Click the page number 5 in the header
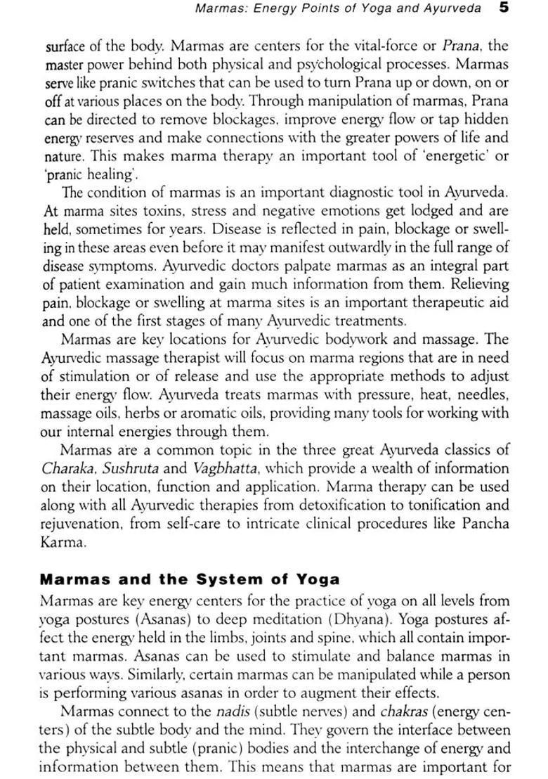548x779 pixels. pyautogui.click(x=503, y=9)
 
